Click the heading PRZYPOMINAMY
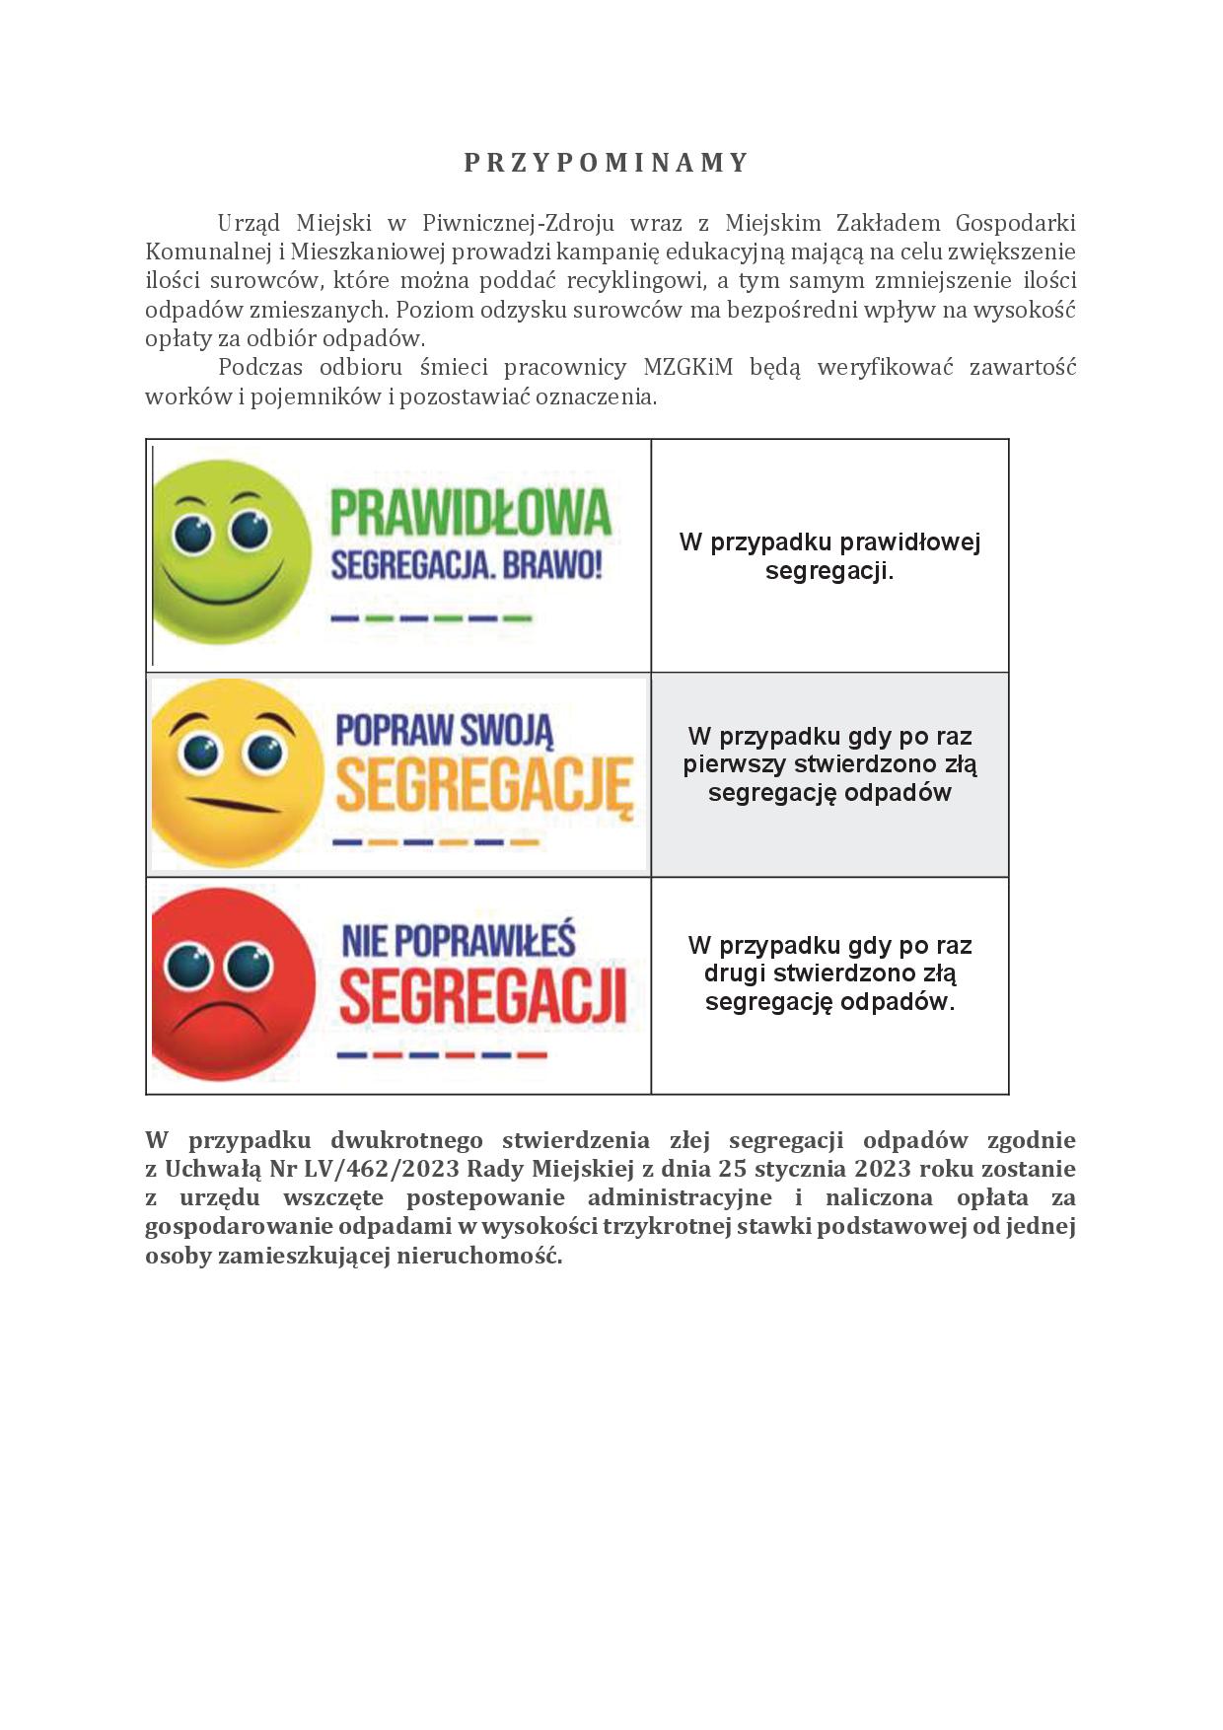point(608,163)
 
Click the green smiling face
point(233,552)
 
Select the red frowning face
point(234,984)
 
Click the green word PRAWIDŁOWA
point(470,513)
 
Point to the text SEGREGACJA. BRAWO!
point(467,566)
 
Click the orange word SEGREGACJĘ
point(483,784)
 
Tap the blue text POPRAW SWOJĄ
point(445,731)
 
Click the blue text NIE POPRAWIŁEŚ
point(459,940)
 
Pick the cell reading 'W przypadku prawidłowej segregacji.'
point(829,556)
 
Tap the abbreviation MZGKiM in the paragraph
point(687,368)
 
